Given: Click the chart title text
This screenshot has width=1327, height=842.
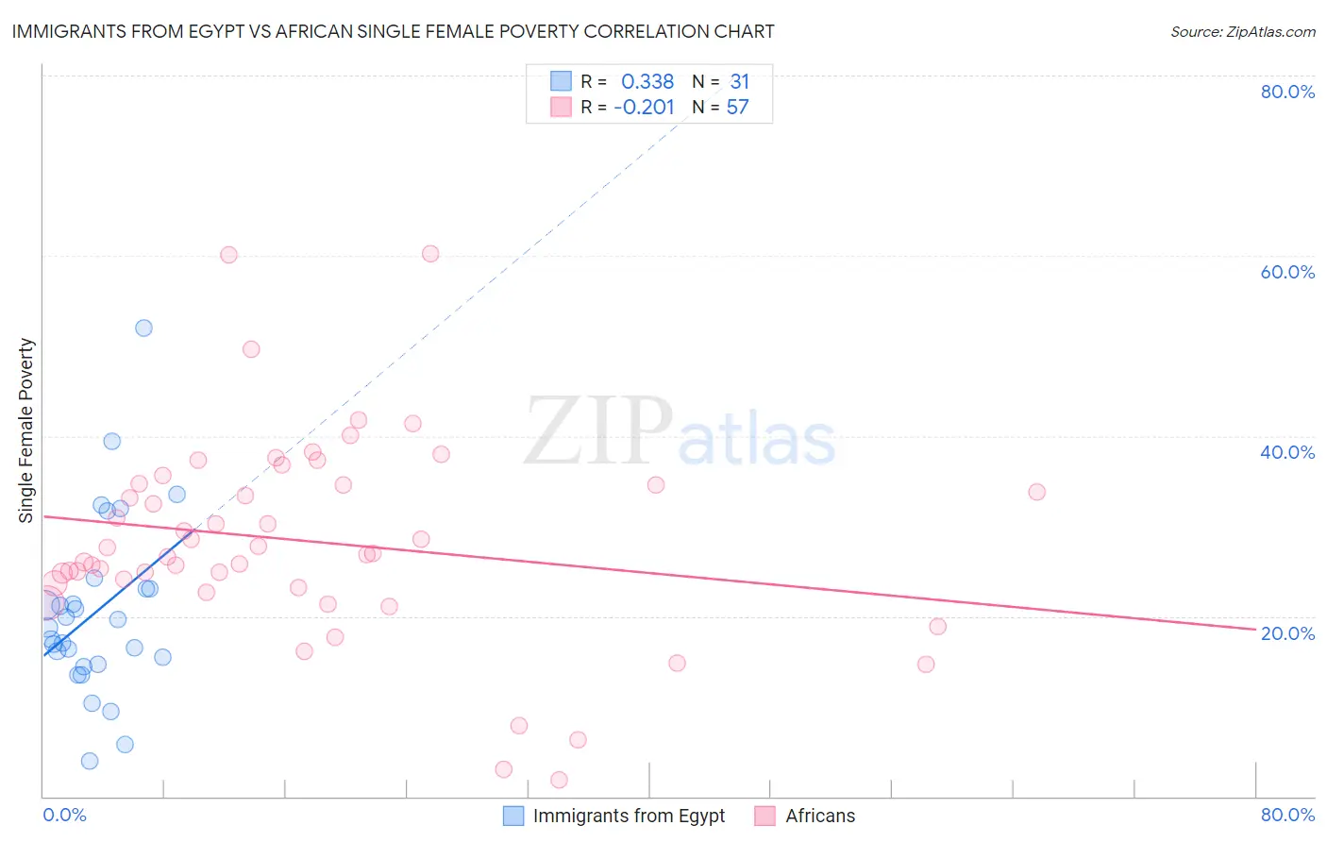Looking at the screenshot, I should [393, 31].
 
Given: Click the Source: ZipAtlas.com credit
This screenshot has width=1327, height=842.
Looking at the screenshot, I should [1242, 31].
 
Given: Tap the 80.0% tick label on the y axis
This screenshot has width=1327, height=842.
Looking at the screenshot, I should [1287, 92].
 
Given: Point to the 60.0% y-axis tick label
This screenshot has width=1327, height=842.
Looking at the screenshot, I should [1287, 272].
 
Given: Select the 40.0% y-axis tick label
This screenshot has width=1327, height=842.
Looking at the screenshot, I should [1287, 452].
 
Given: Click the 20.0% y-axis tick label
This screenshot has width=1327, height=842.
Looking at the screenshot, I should [1287, 632].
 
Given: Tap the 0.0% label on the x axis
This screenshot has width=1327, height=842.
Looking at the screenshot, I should [64, 815].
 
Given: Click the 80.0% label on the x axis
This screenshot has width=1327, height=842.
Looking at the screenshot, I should [1287, 815].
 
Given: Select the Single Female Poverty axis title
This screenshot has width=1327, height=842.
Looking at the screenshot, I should [26, 430].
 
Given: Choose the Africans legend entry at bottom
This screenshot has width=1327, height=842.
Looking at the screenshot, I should [819, 816].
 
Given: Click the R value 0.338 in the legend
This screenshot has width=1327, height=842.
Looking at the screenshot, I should [647, 82].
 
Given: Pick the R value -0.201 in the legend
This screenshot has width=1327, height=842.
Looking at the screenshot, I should [644, 108].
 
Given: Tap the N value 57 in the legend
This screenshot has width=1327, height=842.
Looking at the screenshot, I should [737, 108].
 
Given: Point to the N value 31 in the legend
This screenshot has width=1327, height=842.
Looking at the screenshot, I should [739, 82].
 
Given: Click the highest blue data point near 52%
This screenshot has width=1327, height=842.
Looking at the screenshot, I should [143, 328].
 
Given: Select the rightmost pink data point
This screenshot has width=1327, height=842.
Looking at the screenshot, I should [1036, 492].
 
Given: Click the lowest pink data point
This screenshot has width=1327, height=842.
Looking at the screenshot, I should [559, 780].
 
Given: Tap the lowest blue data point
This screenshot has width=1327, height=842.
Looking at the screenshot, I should [90, 761].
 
